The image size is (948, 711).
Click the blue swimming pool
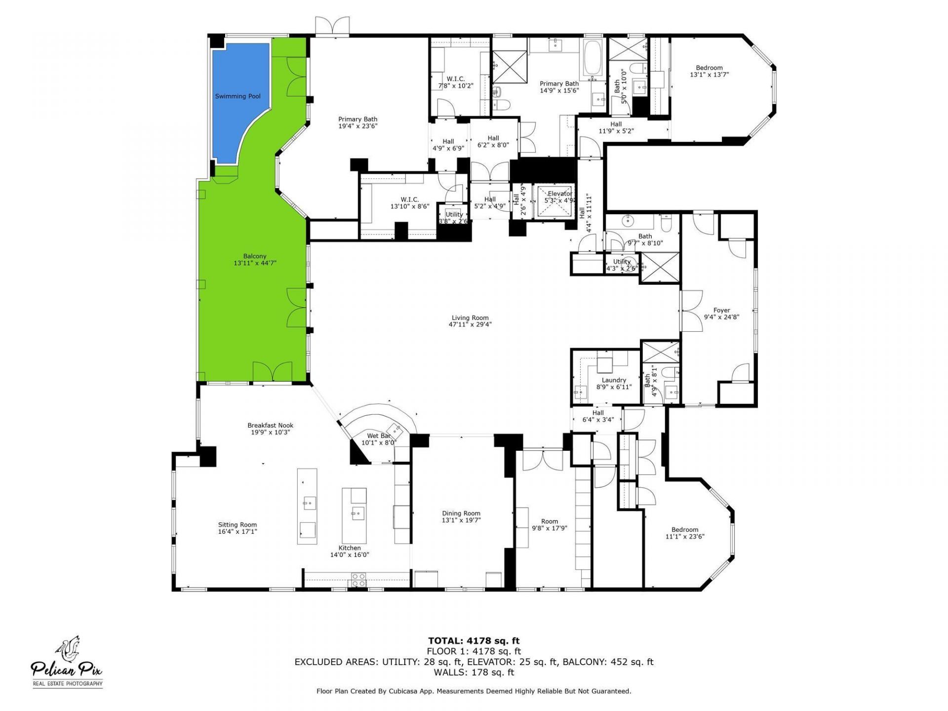(x=238, y=99)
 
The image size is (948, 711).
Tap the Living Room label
(x=470, y=318)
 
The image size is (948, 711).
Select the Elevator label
(x=559, y=194)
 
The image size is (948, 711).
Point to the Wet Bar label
(x=379, y=436)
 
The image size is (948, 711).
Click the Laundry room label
(x=614, y=380)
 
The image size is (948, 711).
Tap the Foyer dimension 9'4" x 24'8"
(x=721, y=317)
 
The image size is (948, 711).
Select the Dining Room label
(x=461, y=513)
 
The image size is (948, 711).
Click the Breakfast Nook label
(x=270, y=425)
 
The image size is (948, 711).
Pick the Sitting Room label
(x=237, y=525)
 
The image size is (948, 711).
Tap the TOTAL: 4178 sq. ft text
(x=474, y=641)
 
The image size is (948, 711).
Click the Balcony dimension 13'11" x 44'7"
(x=255, y=263)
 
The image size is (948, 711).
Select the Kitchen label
(x=349, y=548)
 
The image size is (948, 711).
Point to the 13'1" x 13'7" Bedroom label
(x=709, y=68)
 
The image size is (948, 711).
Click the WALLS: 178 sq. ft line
(x=474, y=672)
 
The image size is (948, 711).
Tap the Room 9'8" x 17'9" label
(x=549, y=521)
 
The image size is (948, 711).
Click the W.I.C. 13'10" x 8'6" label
(x=410, y=199)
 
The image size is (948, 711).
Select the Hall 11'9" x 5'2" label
(x=616, y=124)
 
